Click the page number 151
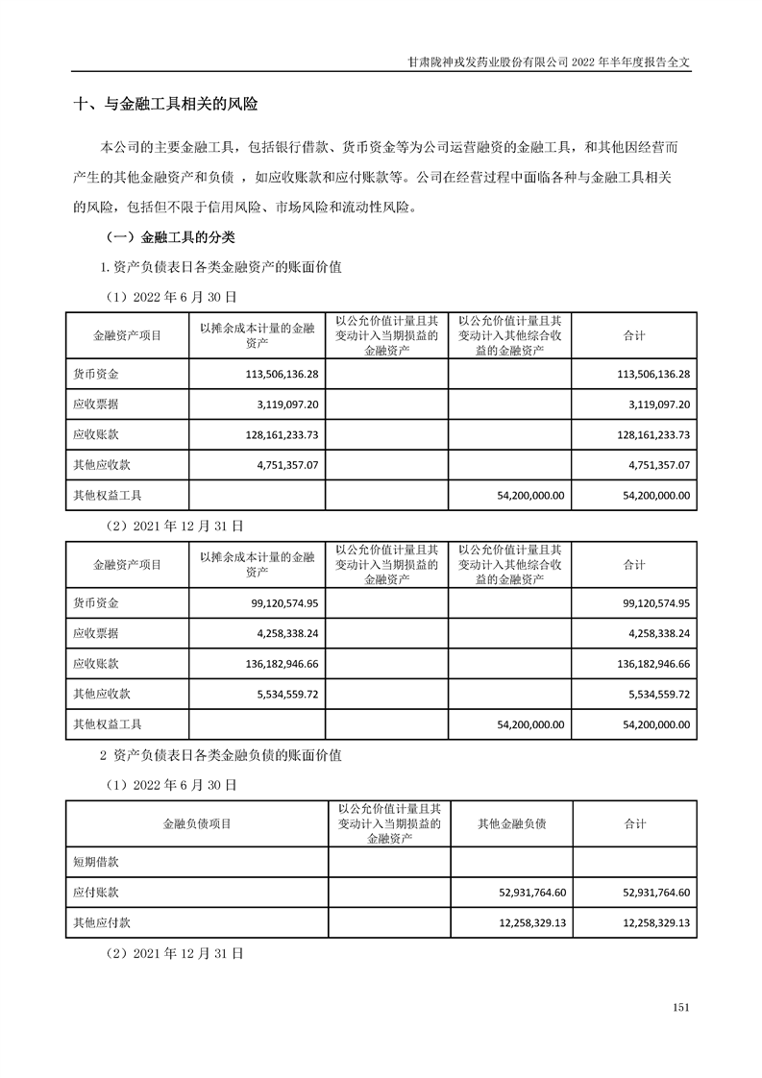coord(681,1007)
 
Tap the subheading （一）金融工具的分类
coord(168,235)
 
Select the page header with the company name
coord(549,59)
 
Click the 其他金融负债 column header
coord(511,824)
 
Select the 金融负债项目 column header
coord(196,824)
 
